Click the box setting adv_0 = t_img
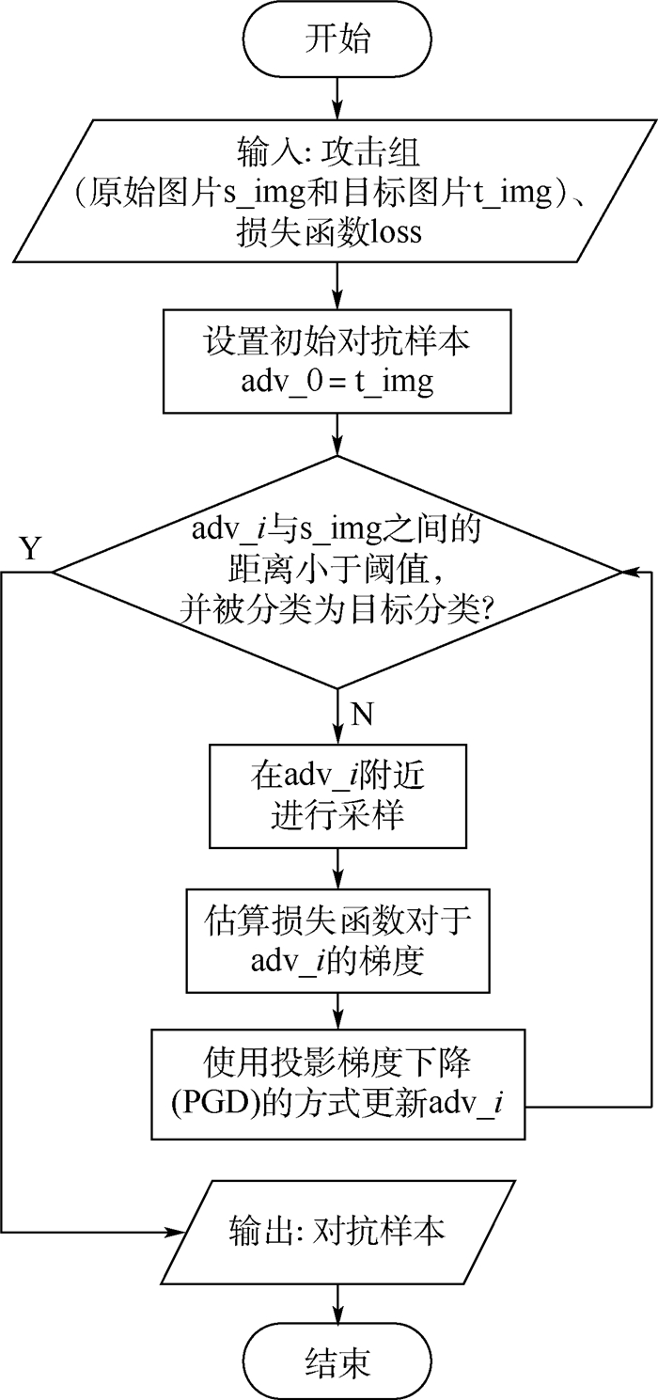(x=337, y=363)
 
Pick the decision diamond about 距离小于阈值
(x=337, y=570)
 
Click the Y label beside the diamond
(x=31, y=549)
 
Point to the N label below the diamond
(x=362, y=716)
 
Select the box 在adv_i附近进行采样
(x=337, y=794)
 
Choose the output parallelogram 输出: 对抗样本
(x=337, y=1232)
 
